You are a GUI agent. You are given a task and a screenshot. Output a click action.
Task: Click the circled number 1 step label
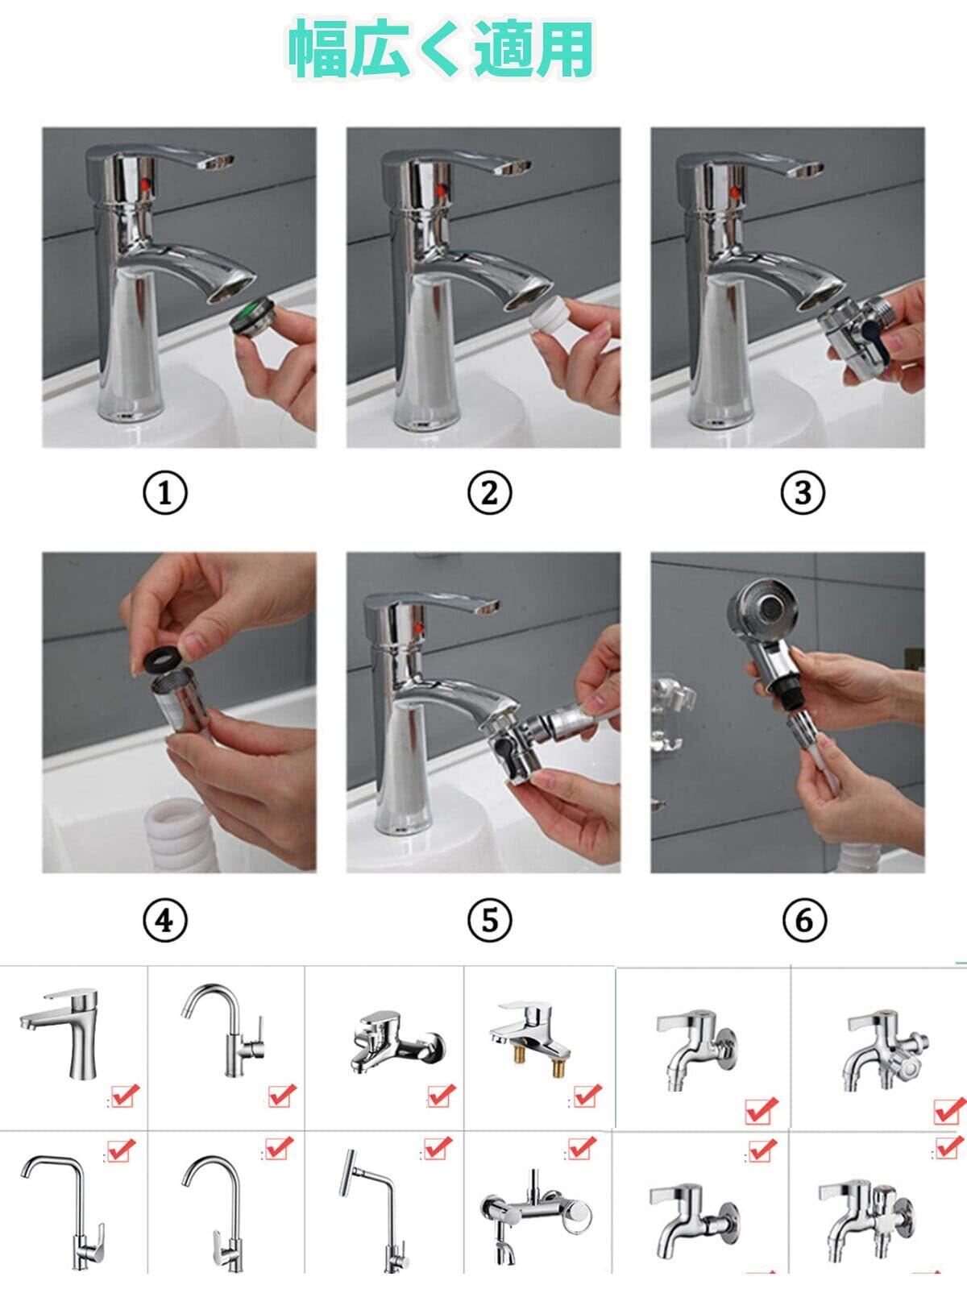click(165, 493)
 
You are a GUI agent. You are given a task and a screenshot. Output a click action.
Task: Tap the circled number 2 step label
click(490, 493)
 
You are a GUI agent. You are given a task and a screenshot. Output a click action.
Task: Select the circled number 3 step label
click(803, 493)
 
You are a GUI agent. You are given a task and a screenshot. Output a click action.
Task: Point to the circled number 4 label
click(165, 920)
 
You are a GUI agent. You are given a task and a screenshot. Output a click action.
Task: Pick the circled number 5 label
click(490, 920)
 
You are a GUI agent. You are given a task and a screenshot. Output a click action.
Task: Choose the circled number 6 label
click(803, 920)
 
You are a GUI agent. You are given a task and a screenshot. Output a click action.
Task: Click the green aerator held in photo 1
click(252, 317)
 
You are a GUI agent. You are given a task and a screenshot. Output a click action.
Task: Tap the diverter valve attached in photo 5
click(512, 748)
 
